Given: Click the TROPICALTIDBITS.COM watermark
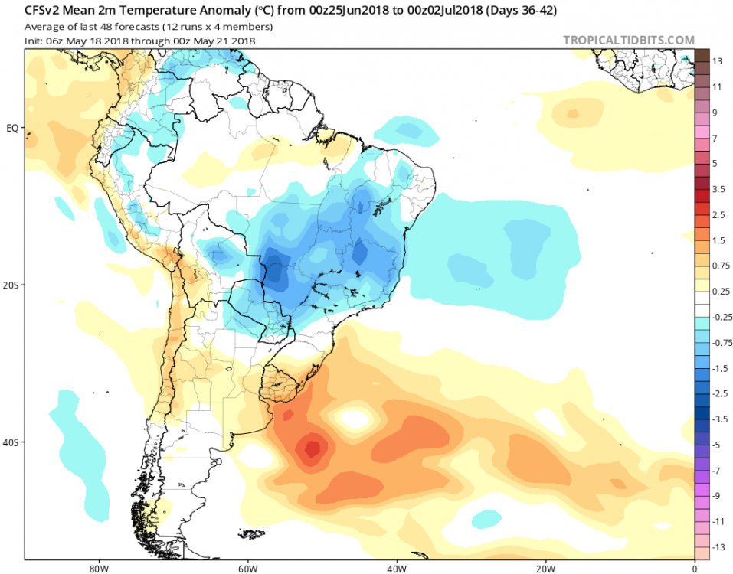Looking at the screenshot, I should tap(629, 40).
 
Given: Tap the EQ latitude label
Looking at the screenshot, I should tap(11, 128).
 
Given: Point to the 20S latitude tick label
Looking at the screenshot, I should tap(11, 285).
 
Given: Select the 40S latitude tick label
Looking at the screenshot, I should tap(11, 442).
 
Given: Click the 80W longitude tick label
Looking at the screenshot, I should tap(96, 568).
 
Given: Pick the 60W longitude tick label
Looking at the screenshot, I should tap(246, 568).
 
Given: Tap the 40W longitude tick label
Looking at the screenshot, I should tap(395, 568).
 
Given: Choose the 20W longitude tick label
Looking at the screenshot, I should tap(545, 568).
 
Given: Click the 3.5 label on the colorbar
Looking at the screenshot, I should tap(718, 188).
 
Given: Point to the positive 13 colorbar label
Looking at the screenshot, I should tap(717, 61).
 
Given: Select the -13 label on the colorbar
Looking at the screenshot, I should tap(717, 546).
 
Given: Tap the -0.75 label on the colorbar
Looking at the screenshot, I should tap(721, 342).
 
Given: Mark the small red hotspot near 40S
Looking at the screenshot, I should tap(313, 448).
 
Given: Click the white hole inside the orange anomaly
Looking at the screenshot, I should tap(358, 417).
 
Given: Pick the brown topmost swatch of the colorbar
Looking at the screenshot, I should tap(702, 55).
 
